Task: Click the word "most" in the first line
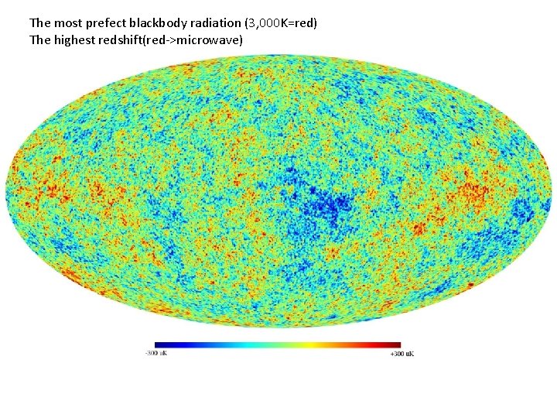tap(67, 23)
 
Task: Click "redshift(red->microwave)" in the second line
tap(170, 39)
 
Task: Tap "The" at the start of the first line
tap(39, 23)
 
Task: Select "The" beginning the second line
tap(39, 39)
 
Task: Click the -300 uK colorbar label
tap(155, 353)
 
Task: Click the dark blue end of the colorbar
tap(158, 344)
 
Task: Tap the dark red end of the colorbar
tap(397, 344)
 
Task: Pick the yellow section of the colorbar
tap(309, 344)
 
